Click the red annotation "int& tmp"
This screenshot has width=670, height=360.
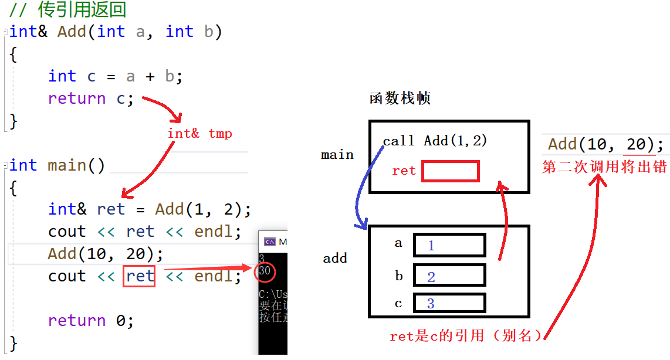coord(199,134)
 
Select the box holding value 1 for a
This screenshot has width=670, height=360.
coord(449,245)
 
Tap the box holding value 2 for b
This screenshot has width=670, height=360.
coord(449,275)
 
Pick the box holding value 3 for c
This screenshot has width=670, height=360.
coord(449,303)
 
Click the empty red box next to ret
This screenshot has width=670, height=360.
coord(450,171)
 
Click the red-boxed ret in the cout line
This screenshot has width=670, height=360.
coord(139,276)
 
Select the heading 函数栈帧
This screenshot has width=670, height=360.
coord(400,98)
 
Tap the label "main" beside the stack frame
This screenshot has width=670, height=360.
coord(337,155)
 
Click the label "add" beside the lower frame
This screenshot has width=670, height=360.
coord(335,258)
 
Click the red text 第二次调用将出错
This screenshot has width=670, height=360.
coord(605,167)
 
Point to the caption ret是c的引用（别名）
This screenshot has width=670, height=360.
coord(466,336)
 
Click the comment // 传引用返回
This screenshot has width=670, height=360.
coord(67,10)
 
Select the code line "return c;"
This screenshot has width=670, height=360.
coord(91,99)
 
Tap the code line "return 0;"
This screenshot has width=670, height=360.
coord(91,321)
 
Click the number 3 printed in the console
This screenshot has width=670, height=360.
coord(262,258)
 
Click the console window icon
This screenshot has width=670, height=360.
coord(270,242)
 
